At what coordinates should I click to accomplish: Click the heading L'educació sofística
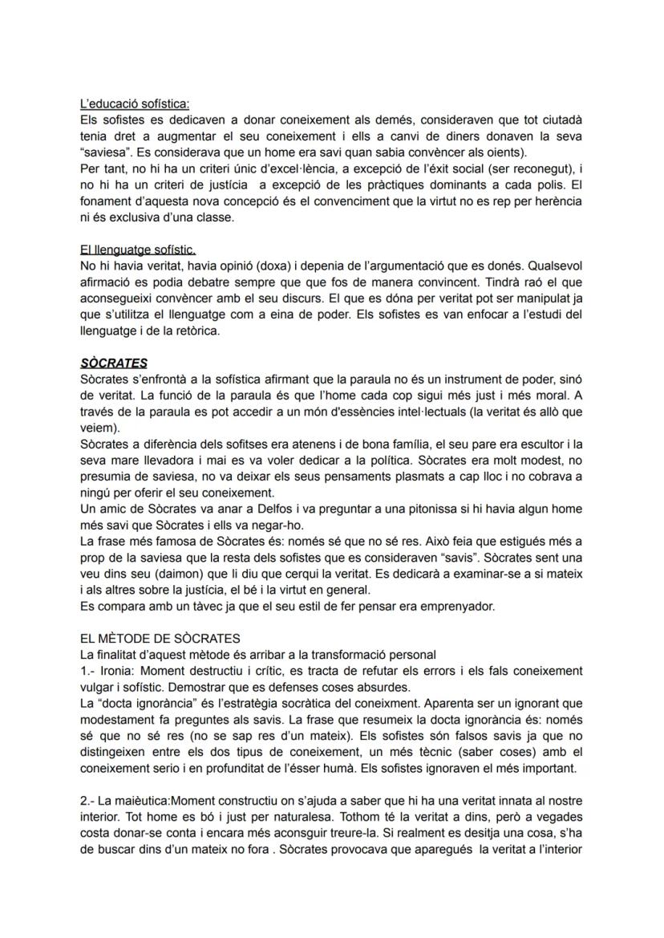pos(136,104)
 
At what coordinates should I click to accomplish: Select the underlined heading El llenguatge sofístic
pos(138,250)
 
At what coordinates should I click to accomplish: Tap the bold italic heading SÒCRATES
pos(114,363)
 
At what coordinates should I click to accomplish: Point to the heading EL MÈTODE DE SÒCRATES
pos(160,639)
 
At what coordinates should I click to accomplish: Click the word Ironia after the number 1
pos(119,670)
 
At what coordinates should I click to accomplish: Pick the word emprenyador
pos(457,607)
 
